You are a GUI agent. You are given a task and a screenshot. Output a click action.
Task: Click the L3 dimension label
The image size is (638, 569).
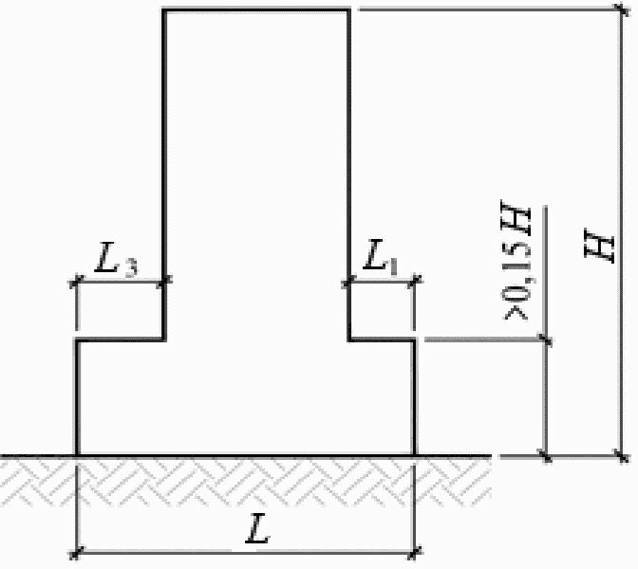point(117,259)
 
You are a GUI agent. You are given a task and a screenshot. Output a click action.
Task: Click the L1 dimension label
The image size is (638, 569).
point(381,257)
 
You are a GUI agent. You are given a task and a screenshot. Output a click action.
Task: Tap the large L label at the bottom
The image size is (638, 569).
point(258,528)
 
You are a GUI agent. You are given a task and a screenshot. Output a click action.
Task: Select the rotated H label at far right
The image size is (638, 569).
point(598,246)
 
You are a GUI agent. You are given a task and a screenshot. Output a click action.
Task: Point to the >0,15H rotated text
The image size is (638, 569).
point(516,260)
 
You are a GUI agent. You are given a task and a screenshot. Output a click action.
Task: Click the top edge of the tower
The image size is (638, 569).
point(256,9)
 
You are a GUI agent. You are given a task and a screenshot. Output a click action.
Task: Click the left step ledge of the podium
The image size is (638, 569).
point(121,340)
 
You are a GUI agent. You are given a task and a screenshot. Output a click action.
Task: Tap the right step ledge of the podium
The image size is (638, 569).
point(382,340)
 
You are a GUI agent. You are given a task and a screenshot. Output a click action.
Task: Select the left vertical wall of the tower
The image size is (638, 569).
point(164,174)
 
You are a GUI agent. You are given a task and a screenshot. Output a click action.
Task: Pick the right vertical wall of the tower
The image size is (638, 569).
point(348,174)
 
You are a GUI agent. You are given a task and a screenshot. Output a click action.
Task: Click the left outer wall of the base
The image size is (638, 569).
point(77,397)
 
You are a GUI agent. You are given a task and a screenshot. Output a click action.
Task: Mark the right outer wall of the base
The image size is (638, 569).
point(415,397)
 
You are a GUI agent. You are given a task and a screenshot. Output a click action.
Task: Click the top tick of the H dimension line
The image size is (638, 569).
point(621,9)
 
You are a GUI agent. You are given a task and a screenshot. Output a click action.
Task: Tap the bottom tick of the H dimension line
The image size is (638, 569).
point(622,456)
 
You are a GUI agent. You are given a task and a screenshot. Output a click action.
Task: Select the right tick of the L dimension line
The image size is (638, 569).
point(415,552)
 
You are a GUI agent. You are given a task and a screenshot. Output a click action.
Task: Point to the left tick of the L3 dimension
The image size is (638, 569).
point(76,281)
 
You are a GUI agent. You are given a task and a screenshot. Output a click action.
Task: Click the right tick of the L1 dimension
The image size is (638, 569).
point(415,281)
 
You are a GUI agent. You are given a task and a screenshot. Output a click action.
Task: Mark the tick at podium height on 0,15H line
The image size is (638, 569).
point(545,339)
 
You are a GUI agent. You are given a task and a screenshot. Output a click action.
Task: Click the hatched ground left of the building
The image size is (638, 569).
point(38,481)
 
